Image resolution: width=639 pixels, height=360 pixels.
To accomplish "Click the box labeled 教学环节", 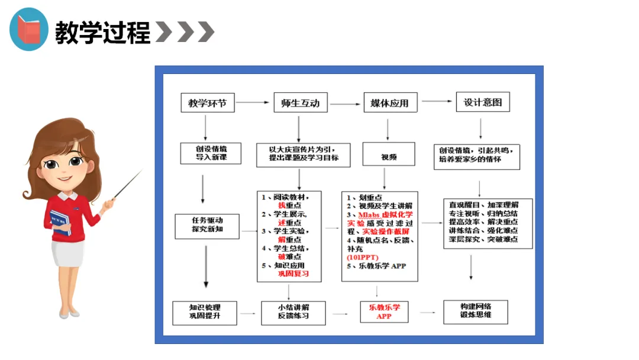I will coord(207,103).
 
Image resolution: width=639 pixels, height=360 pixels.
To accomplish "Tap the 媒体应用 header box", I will coord(389,103).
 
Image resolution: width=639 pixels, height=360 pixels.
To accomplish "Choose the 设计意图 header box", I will coord(483,102).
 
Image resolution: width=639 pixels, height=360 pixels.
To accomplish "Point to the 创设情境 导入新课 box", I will coord(203,153).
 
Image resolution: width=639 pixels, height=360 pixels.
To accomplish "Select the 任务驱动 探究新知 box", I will coord(207,226).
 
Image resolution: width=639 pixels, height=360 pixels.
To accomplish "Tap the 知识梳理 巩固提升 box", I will coord(205,312).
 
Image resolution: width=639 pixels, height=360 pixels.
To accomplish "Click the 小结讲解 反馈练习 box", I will coord(293,312).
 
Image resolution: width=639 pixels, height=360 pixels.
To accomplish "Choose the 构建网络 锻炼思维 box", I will coord(476,311).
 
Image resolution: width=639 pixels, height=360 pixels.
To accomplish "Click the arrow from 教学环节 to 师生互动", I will coord(253,103).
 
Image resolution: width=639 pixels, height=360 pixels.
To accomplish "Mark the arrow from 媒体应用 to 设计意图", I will coord(437,101).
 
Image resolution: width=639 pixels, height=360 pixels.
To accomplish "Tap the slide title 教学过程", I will coord(103,32).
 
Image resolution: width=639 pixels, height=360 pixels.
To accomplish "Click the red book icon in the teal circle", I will coord(28,30).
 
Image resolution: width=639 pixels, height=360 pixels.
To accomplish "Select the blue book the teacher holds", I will coord(61,221).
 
